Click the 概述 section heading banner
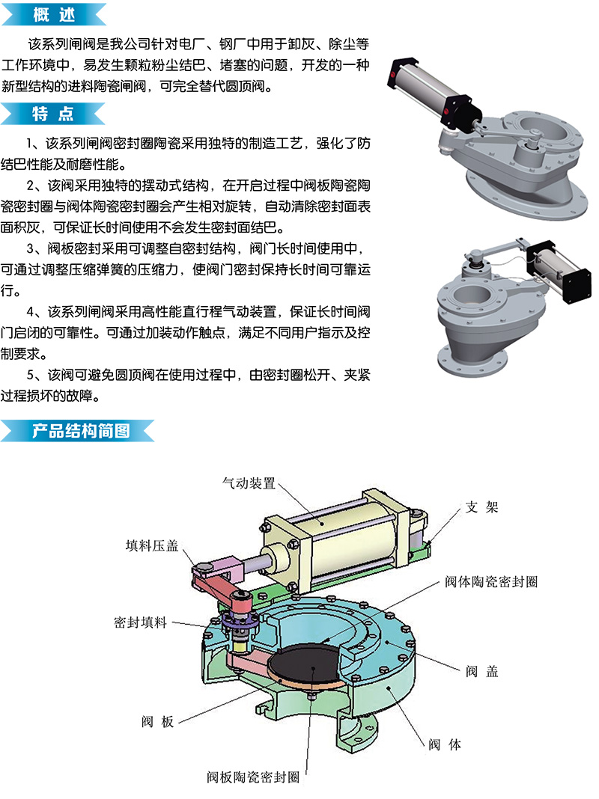[53, 13]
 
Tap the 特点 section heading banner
[53, 113]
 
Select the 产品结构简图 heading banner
[77, 431]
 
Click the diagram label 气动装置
[249, 483]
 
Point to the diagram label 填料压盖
[152, 545]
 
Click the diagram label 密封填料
[140, 622]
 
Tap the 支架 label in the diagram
[481, 507]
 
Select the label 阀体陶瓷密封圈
[491, 581]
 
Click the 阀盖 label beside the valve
[481, 671]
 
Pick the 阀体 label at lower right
[445, 744]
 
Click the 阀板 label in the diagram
[157, 721]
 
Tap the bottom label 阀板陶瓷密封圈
[253, 777]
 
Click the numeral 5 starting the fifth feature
[31, 375]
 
